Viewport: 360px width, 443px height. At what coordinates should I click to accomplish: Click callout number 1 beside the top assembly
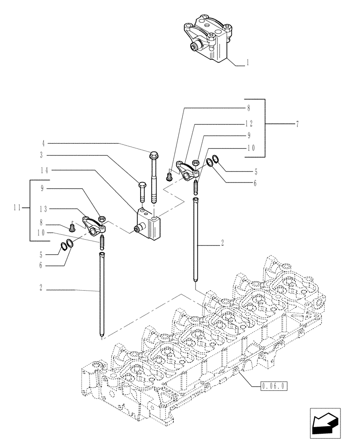coord(247,62)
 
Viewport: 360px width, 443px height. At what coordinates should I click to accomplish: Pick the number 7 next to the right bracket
coord(297,124)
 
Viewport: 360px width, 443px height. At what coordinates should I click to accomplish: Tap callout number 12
coord(249,124)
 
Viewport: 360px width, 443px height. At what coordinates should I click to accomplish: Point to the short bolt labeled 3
coord(142,190)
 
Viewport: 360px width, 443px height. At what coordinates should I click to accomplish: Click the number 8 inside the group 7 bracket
coord(249,107)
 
